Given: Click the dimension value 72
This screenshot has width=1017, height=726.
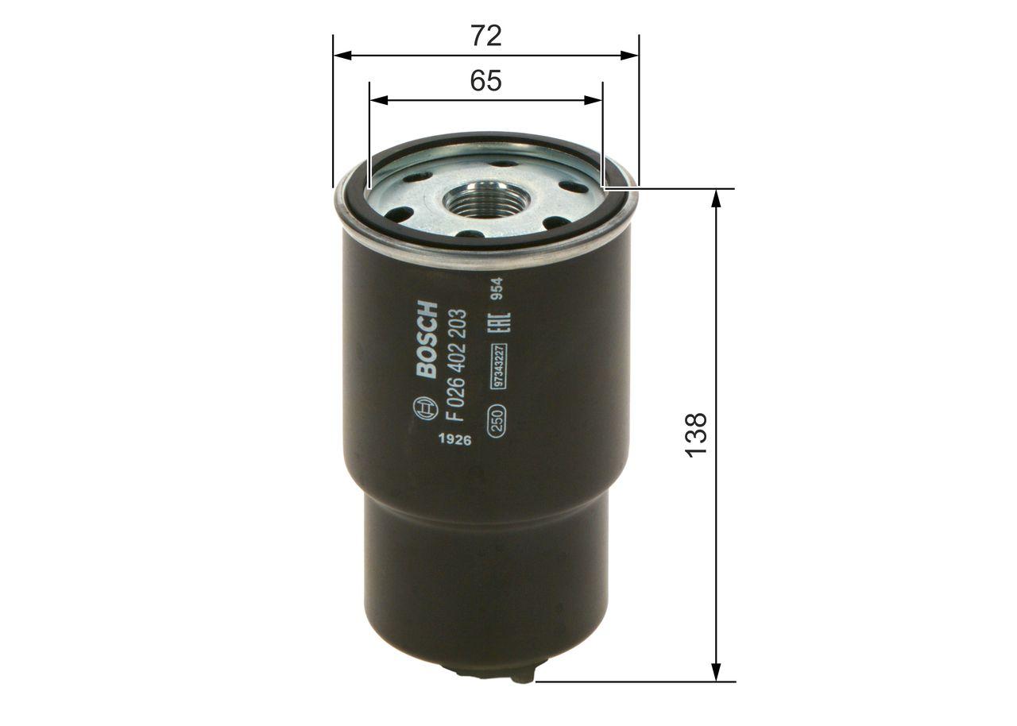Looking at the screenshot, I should [486, 36].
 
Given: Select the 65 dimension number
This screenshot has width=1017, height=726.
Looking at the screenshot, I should [486, 80].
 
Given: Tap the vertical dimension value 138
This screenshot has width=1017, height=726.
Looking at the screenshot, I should [695, 434].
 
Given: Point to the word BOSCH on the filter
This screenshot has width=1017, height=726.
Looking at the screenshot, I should [427, 339].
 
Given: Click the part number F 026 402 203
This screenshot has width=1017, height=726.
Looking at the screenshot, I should [458, 365].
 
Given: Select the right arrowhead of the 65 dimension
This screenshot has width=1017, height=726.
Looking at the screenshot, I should [594, 100].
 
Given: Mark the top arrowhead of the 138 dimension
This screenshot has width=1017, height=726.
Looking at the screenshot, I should [716, 199].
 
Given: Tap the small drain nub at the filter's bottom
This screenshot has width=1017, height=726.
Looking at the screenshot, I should [522, 677].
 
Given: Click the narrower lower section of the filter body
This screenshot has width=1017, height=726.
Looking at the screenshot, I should [487, 572].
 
